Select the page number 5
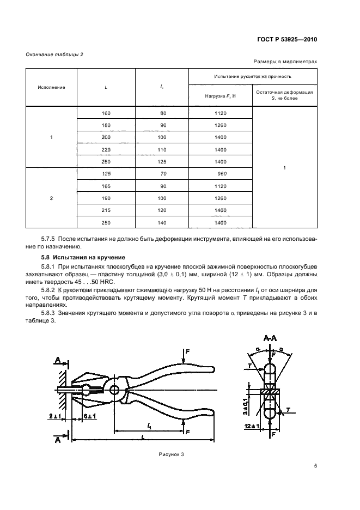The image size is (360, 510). pyautogui.click(x=315, y=466)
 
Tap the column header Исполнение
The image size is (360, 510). pyautogui.click(x=51, y=87)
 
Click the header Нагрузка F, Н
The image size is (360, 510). pyautogui.click(x=220, y=95)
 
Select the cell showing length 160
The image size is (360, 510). pyautogui.click(x=106, y=113)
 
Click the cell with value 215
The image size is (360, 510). pyautogui.click(x=106, y=210)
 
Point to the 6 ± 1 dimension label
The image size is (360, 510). pyautogui.click(x=89, y=416)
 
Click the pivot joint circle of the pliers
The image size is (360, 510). pyautogui.click(x=114, y=390)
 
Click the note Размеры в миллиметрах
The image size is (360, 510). pyautogui.click(x=285, y=63)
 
